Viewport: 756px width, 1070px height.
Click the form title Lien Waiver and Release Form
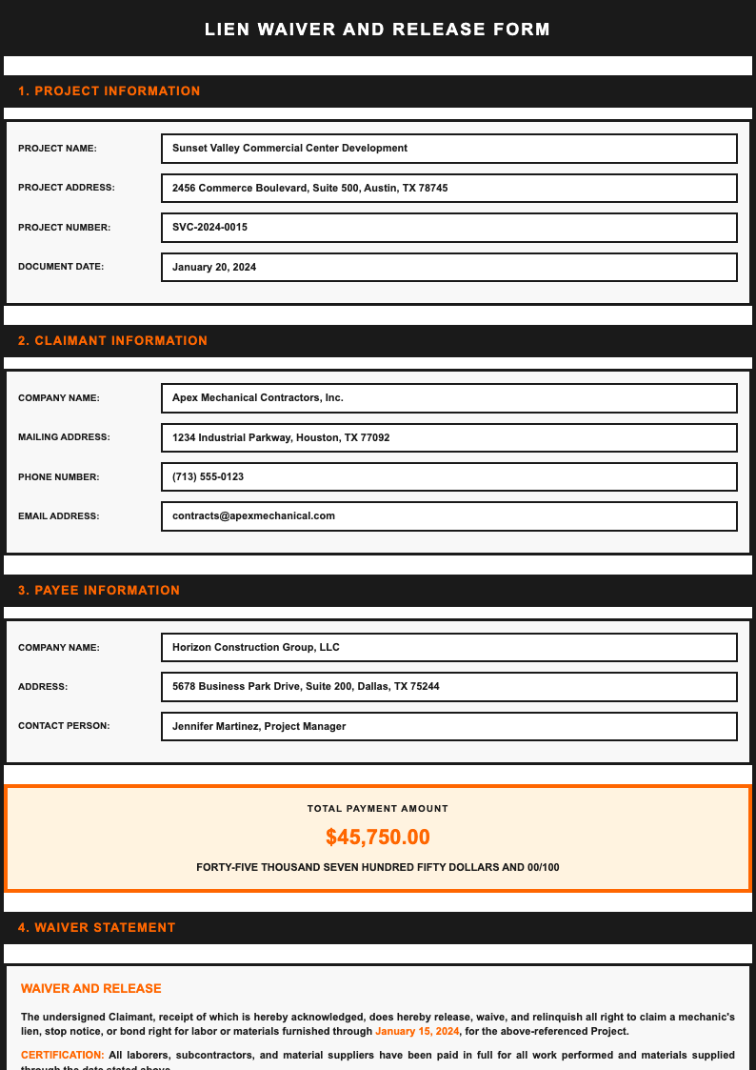coord(377,30)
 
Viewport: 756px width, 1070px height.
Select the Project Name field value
coord(449,149)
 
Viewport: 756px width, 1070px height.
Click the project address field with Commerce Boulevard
coord(449,189)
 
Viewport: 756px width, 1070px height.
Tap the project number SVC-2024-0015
coord(449,228)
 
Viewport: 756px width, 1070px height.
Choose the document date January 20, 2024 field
coord(449,268)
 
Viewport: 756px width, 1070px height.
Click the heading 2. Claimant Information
coord(112,341)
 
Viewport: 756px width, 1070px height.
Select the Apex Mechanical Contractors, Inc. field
coord(449,398)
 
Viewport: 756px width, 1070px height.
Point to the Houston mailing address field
coord(449,438)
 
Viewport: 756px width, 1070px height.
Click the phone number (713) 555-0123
coord(449,477)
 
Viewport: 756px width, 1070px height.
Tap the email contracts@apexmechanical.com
coord(449,516)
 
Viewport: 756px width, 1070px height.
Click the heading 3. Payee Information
coord(99,591)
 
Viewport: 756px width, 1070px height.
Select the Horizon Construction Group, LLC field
coord(449,648)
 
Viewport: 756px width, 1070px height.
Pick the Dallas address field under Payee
coord(449,687)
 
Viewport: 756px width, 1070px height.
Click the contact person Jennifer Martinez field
coord(449,727)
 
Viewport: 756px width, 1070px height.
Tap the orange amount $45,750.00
coord(378,838)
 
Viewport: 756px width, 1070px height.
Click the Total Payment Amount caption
coord(378,809)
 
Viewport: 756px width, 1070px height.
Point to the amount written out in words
coord(378,868)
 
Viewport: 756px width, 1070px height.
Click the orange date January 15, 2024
coord(417,1032)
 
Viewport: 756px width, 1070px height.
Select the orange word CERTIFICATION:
coord(62,1056)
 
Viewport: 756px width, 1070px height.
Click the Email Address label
coord(58,516)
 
